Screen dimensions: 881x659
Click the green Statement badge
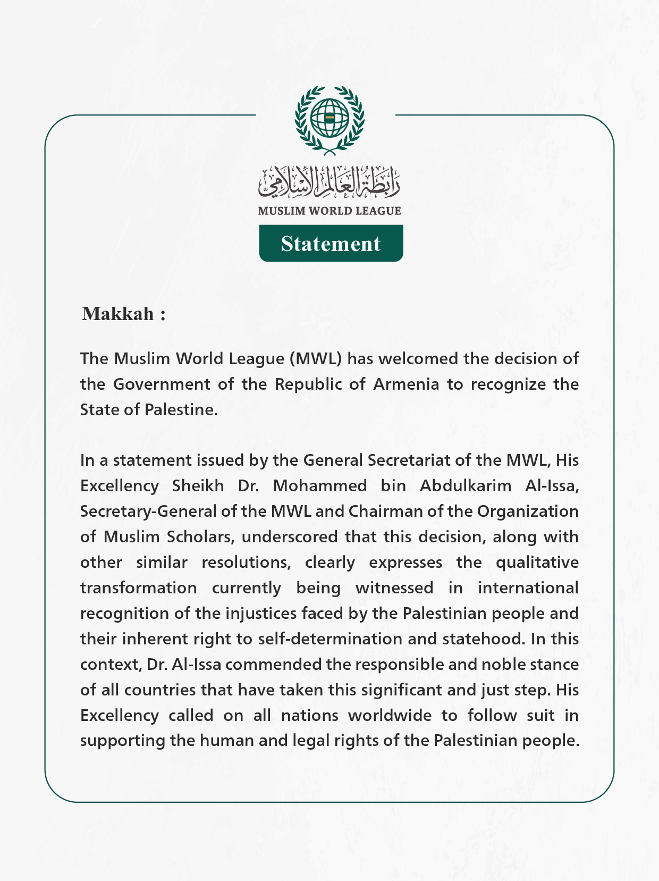(331, 244)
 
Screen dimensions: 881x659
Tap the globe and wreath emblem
(329, 120)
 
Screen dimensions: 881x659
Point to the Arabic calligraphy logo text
(329, 181)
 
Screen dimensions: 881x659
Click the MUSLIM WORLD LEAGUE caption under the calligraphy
(329, 211)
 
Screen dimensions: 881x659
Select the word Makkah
(118, 314)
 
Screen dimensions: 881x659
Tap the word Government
(162, 384)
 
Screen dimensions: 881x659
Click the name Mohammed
(320, 486)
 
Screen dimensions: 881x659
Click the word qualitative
(537, 563)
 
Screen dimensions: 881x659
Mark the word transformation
(138, 588)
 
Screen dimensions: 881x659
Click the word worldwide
(390, 716)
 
